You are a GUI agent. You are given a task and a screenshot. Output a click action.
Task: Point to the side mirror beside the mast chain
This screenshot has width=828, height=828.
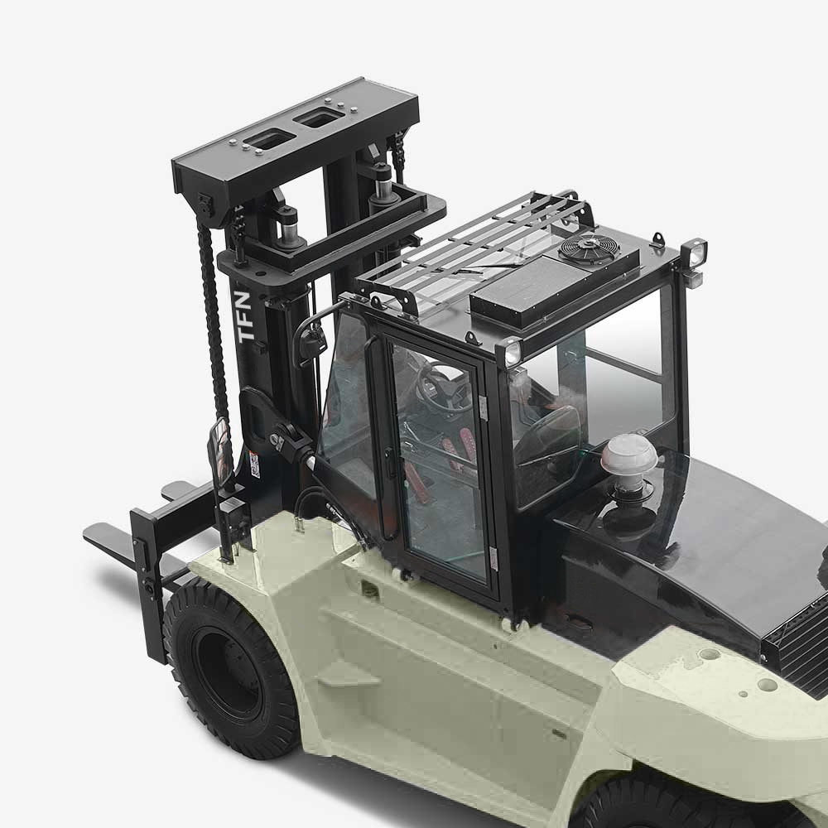(x=221, y=451)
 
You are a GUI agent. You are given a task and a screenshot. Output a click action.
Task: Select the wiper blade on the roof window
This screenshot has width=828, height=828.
(x=484, y=267)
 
